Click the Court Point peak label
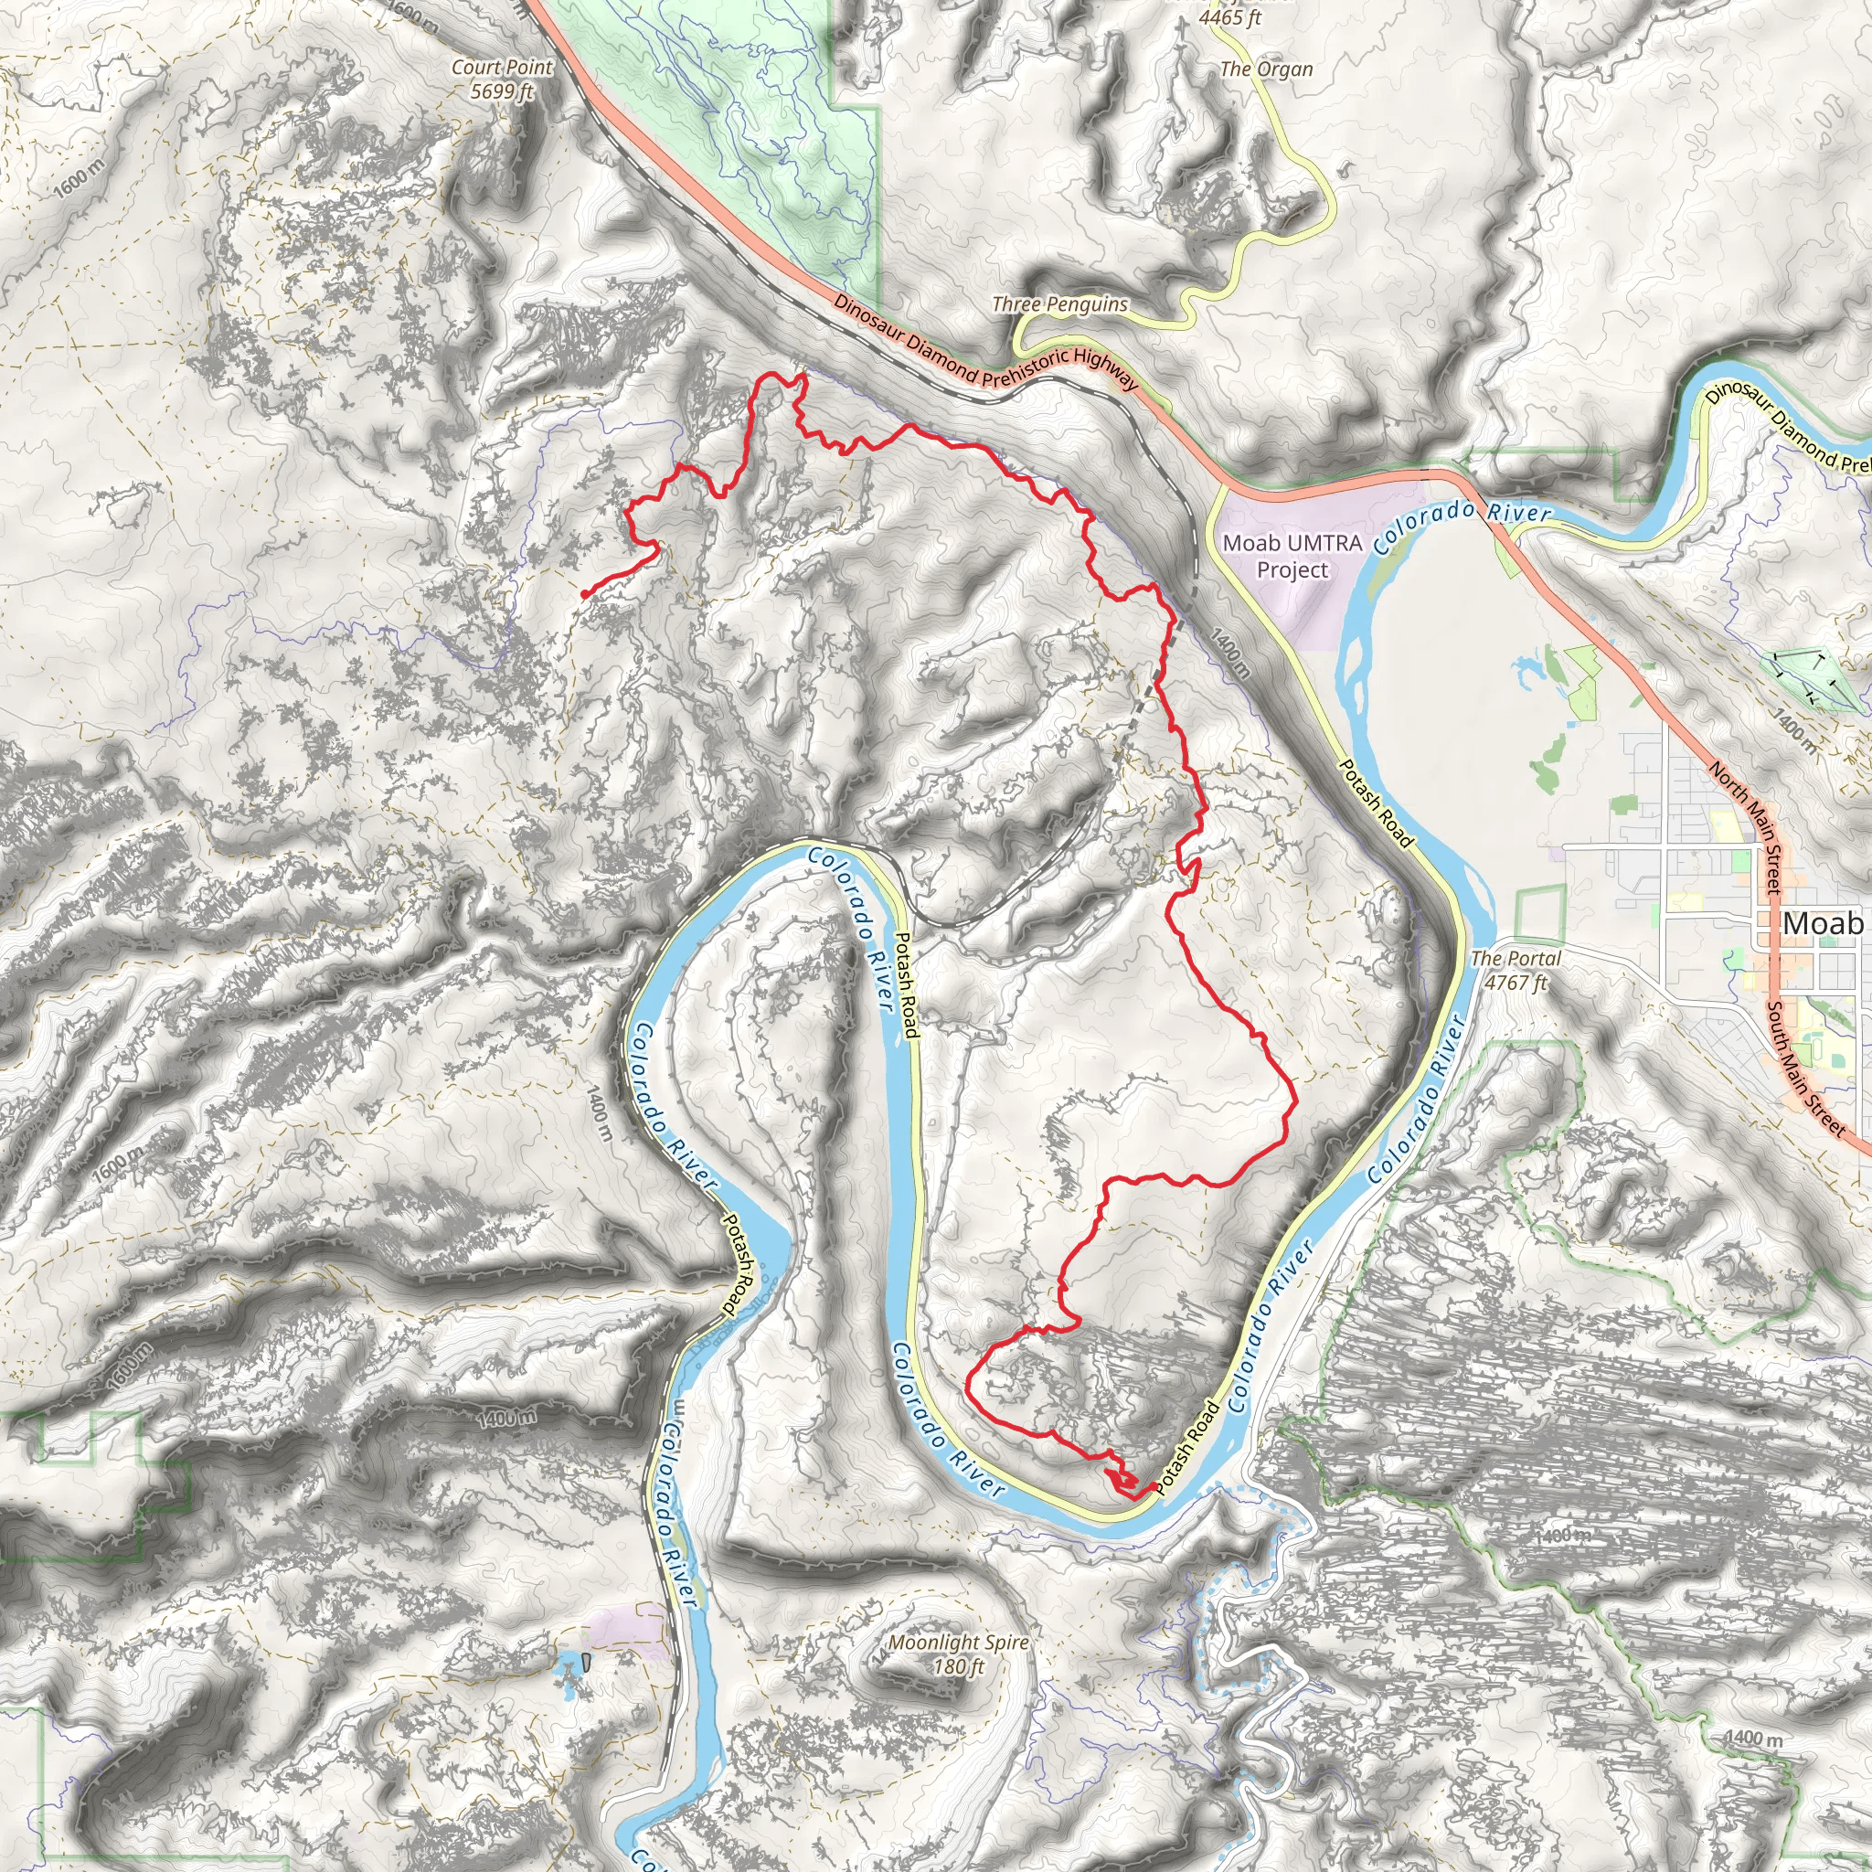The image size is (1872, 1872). tap(502, 79)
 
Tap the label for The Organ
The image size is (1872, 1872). tap(1265, 69)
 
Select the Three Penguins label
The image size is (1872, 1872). tap(1059, 304)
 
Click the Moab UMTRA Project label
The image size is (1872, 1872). tap(1292, 556)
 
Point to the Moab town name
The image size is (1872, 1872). tap(1823, 922)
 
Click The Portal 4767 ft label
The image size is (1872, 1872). tap(1516, 970)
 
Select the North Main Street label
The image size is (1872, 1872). tap(1744, 826)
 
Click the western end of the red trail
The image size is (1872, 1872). tap(584, 593)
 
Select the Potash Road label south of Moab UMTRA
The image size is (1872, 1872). tap(1374, 803)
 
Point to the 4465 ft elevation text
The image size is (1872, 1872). tap(1229, 16)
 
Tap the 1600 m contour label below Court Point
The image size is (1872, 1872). tap(78, 179)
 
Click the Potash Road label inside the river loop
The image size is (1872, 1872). tap(906, 984)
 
